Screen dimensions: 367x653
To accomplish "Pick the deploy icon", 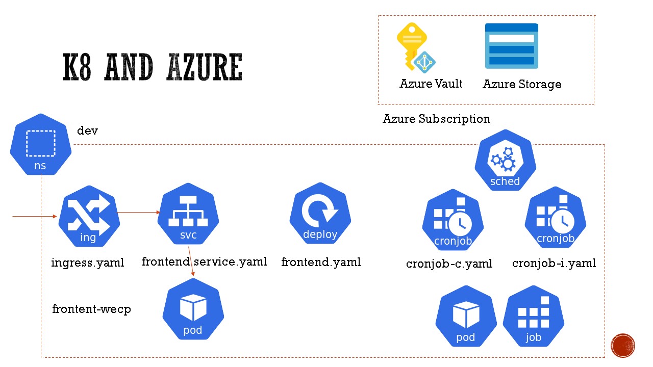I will point(320,214).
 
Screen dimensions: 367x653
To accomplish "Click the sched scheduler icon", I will point(506,161).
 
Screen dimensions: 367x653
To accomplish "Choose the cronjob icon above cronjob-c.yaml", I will point(453,220).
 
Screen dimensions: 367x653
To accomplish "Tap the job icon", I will point(534,317).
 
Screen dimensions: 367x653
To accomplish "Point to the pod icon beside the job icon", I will point(466,317).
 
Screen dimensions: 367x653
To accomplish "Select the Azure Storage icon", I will point(511,46).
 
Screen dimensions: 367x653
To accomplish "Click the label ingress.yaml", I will point(88,263).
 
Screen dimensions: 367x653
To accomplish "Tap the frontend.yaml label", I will point(321,262).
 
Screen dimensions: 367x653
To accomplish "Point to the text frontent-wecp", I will point(91,309).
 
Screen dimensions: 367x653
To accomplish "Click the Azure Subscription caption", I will point(436,119).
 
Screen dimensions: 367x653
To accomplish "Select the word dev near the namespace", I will point(87,131).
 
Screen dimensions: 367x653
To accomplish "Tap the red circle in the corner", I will point(623,346).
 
